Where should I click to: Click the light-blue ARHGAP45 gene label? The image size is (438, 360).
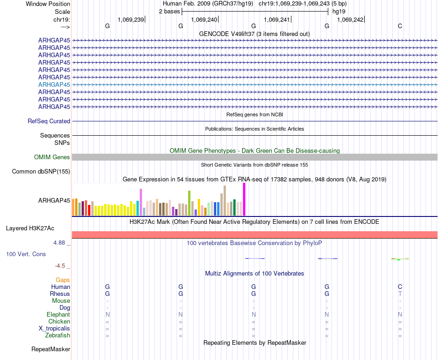(x=54, y=84)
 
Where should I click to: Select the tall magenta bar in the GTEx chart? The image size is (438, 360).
(x=244, y=199)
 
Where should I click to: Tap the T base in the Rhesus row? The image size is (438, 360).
(x=400, y=294)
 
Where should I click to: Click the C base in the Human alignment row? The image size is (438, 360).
(x=400, y=287)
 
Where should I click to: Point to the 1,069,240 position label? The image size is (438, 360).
(x=204, y=19)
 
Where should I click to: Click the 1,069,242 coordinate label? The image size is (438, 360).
(x=350, y=19)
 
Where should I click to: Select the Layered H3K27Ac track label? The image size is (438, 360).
(x=30, y=228)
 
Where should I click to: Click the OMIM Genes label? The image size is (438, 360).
(x=52, y=157)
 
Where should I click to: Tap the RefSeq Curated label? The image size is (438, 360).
(x=49, y=121)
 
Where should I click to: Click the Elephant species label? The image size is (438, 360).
(x=58, y=314)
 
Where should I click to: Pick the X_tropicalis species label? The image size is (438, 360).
(x=54, y=329)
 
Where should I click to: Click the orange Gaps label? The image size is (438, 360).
(x=63, y=280)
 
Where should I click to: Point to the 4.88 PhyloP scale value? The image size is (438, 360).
(x=61, y=242)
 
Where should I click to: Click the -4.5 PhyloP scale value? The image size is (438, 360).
(x=63, y=266)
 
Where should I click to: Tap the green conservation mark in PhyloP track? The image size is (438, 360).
(x=399, y=259)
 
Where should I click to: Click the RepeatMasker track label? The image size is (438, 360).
(x=51, y=349)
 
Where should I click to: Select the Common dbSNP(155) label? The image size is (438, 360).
(x=41, y=172)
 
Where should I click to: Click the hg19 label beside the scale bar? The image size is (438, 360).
(x=339, y=11)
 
